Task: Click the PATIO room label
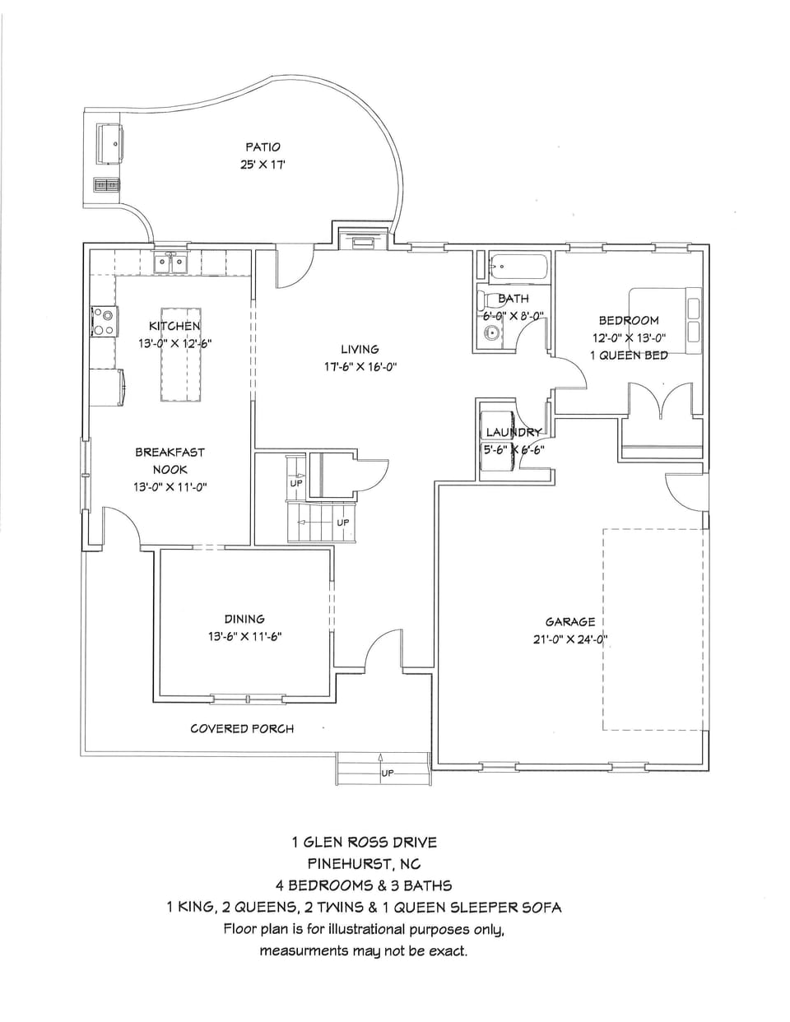pos(263,146)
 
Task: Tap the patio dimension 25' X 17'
pos(263,165)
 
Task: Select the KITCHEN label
pos(174,326)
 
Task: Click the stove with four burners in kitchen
pos(104,321)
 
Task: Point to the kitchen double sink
pos(172,263)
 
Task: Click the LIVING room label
pos(360,350)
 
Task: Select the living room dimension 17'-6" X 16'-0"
pos(360,368)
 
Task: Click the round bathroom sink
pos(491,333)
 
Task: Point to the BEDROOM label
pos(628,320)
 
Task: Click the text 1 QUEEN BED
pos(628,355)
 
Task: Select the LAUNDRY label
pos(513,432)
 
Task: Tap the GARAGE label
pos(569,622)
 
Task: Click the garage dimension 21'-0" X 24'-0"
pos(569,639)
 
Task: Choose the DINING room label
pos(244,619)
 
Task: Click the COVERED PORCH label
pos(242,728)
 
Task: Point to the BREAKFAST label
pos(170,452)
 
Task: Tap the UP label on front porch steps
pos(387,773)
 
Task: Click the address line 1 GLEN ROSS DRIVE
pos(365,842)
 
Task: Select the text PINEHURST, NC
pos(364,864)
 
